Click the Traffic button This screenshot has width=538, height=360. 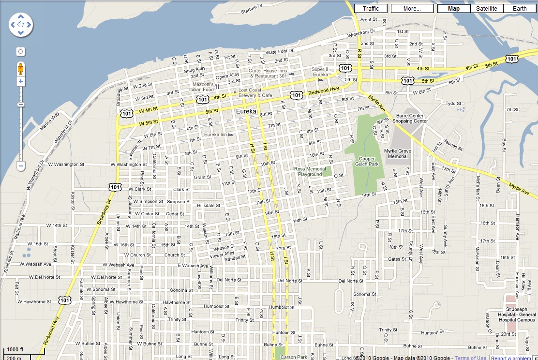(x=371, y=8)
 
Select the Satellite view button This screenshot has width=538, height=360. (x=486, y=8)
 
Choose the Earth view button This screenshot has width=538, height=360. (x=520, y=8)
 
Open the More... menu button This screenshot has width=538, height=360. (x=412, y=8)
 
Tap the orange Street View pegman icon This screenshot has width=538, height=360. (x=21, y=69)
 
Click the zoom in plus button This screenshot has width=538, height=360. (x=21, y=82)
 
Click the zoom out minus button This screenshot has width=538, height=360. (x=21, y=166)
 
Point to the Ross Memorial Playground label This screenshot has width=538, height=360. (x=310, y=171)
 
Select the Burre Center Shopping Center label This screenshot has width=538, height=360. (x=409, y=119)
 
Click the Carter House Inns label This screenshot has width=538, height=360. (x=268, y=74)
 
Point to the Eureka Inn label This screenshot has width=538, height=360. (x=215, y=134)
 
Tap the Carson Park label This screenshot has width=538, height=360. (x=294, y=357)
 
